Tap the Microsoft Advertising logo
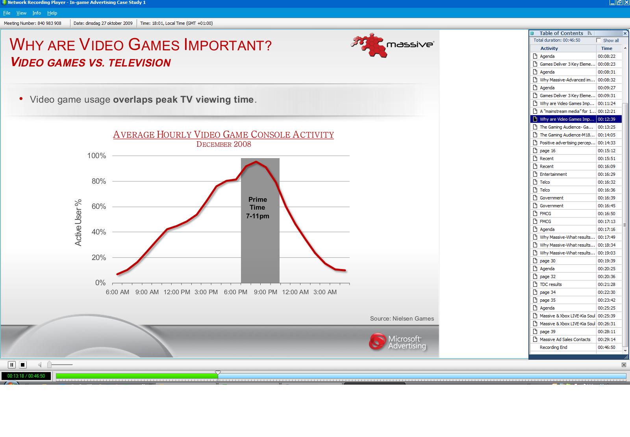(398, 342)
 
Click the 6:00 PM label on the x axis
(235, 292)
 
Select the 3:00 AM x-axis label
(325, 292)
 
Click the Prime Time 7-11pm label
(258, 208)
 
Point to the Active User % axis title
(78, 223)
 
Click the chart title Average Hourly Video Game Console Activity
(223, 135)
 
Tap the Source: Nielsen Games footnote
(402, 319)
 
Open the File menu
(7, 13)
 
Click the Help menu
(52, 13)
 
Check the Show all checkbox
(598, 41)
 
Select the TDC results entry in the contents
(550, 284)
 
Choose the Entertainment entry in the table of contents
(553, 174)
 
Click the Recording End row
(553, 347)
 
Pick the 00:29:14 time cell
(606, 339)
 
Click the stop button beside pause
(22, 365)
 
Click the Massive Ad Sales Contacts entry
(565, 339)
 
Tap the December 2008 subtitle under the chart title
(224, 144)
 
